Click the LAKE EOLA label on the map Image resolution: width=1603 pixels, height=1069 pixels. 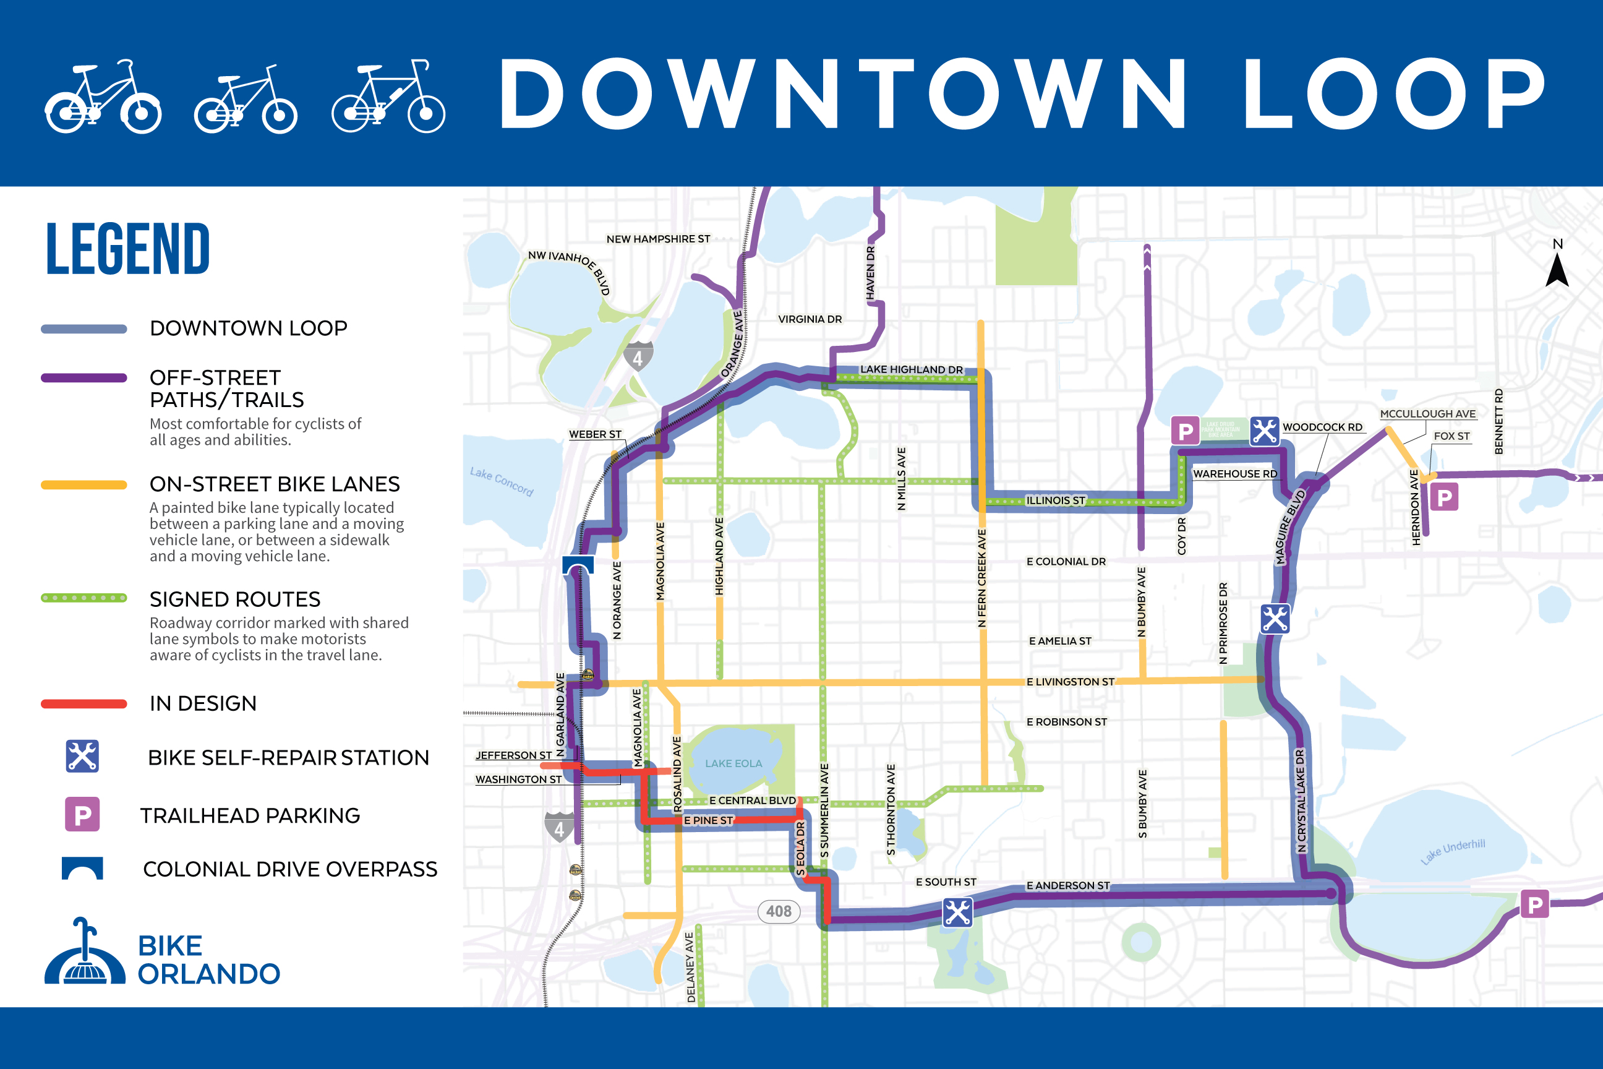point(733,763)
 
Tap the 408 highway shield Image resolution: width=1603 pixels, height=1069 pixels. point(779,911)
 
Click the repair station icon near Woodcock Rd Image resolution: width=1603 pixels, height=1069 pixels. point(1264,431)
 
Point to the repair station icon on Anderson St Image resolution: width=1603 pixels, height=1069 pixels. point(957,912)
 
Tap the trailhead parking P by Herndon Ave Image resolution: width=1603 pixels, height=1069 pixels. point(1443,497)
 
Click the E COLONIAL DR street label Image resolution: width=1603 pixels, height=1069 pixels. point(1066,562)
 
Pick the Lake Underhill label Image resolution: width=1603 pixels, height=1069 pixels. point(1453,851)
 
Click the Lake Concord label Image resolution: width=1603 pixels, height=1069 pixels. point(501,481)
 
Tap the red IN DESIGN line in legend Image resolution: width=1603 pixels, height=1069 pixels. point(84,703)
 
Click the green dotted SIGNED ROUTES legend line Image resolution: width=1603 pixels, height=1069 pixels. point(84,598)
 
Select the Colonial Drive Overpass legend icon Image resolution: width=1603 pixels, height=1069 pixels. point(82,869)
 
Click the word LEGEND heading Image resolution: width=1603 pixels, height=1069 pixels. point(127,249)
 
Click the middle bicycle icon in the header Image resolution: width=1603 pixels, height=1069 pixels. point(246,100)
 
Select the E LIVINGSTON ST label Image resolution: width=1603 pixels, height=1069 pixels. point(1070,682)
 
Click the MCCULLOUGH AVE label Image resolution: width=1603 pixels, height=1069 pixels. point(1427,414)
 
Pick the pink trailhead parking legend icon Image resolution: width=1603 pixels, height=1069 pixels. point(82,814)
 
